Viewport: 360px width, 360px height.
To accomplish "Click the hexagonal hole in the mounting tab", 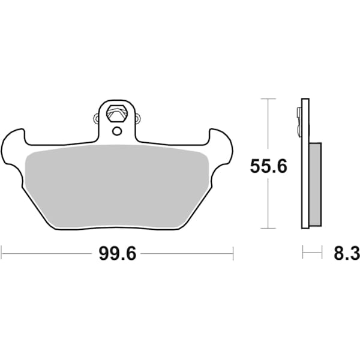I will click(116, 112).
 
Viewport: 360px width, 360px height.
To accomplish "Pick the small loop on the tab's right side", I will click(139, 118).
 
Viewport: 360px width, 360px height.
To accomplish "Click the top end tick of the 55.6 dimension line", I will click(268, 98).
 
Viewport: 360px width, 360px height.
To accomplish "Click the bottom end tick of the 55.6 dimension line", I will click(268, 228).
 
